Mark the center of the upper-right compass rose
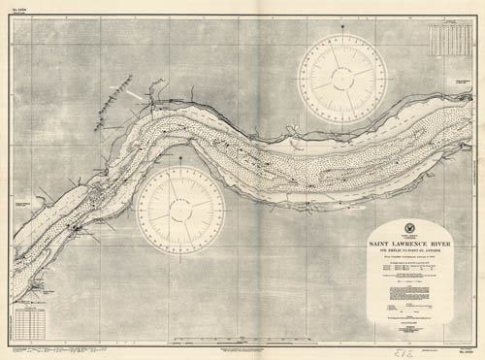click(342, 79)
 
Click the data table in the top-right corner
click(448, 38)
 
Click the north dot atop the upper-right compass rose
click(342, 36)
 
